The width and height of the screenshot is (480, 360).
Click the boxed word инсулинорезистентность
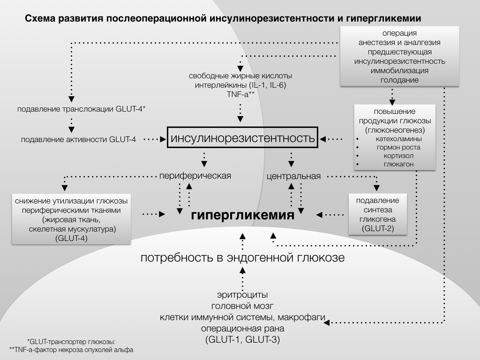[242, 139]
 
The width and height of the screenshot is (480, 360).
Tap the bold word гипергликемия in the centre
[243, 216]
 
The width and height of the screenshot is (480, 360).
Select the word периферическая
[195, 176]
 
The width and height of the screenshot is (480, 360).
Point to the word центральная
[294, 177]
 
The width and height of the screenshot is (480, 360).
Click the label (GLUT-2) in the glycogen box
[377, 229]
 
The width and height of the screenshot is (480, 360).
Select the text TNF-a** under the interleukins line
[240, 94]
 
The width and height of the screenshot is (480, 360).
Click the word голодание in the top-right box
[400, 80]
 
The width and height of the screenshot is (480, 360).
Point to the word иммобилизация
[400, 71]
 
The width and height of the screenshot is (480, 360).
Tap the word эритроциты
[242, 295]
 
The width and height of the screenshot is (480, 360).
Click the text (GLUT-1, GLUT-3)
[242, 339]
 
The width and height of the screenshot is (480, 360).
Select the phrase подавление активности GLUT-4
[79, 139]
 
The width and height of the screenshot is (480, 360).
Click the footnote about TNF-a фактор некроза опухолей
[71, 350]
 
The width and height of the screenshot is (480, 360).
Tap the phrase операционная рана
[242, 328]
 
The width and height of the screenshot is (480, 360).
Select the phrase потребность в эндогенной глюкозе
[243, 258]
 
